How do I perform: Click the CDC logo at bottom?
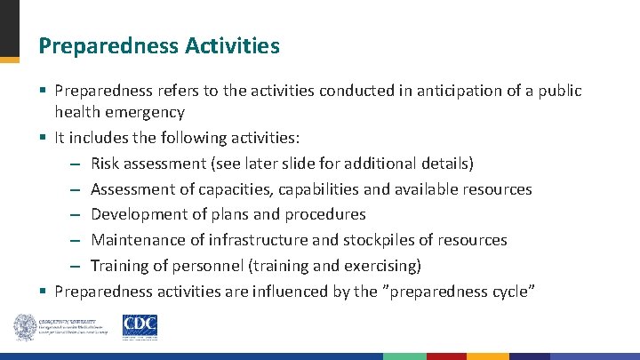140,325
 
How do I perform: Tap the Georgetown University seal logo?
23,326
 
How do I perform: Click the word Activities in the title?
237,44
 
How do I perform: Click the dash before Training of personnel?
76,265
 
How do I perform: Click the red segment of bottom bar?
446,356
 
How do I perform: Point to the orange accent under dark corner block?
9,60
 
